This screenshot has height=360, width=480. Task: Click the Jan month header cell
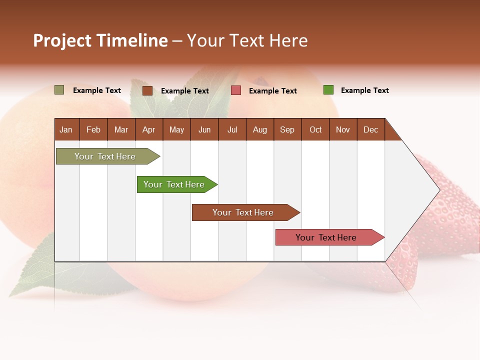point(66,129)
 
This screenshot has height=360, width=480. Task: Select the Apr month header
point(149,129)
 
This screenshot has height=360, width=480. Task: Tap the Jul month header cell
point(232,129)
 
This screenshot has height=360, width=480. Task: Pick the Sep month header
point(287,129)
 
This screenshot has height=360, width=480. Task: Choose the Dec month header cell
point(370,129)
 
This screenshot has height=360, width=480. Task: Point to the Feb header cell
point(93,129)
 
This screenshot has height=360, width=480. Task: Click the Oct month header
point(315,129)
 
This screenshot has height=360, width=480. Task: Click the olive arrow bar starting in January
point(105,156)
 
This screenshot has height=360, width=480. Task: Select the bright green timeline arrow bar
point(174,184)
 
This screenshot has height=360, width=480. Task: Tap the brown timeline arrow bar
point(243,212)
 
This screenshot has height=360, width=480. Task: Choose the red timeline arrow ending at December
point(326,237)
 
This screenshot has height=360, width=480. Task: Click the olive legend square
point(59,90)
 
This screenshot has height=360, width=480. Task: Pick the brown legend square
point(147,90)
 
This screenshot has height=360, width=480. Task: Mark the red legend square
point(236,90)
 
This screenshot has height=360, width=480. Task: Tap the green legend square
point(328,90)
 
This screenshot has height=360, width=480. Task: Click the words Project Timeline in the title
point(100,40)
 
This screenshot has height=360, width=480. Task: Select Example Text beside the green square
point(364,90)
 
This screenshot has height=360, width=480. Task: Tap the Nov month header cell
point(343,129)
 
